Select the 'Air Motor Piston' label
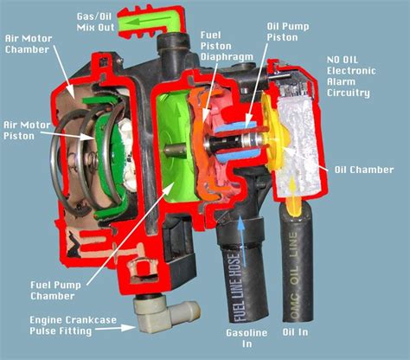click(27, 129)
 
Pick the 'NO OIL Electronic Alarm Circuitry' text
click(349, 76)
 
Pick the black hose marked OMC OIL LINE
click(293, 260)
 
